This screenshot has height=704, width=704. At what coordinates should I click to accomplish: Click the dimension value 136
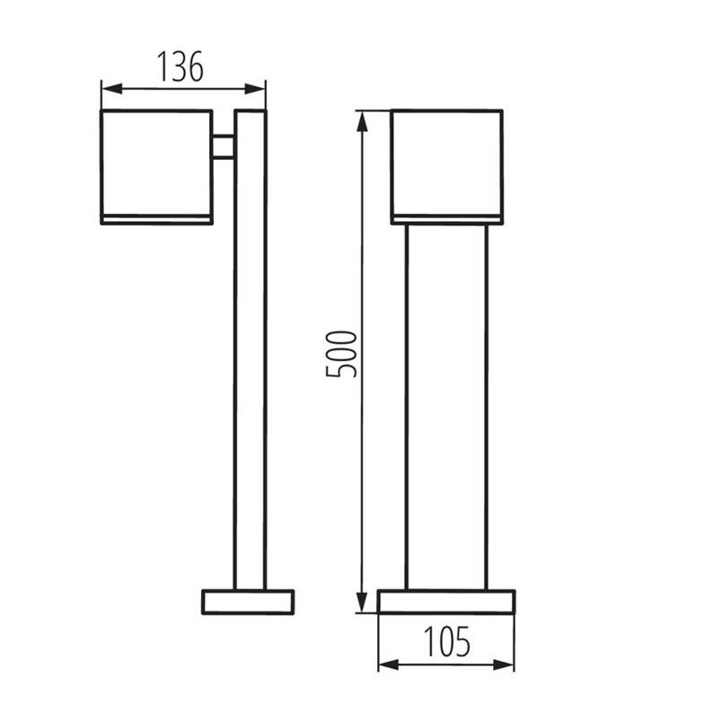point(180,66)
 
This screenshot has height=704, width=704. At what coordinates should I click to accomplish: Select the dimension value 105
point(446,641)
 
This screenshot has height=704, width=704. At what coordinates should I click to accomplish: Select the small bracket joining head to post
point(224,147)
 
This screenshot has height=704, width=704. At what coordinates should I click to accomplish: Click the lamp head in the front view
point(446,162)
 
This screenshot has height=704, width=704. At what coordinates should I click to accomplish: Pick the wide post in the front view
point(446,404)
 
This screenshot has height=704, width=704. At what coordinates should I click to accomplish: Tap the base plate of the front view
point(446,602)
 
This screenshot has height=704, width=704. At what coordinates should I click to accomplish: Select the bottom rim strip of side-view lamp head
point(156,217)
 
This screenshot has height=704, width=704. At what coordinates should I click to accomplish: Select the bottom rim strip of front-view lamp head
point(446,217)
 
